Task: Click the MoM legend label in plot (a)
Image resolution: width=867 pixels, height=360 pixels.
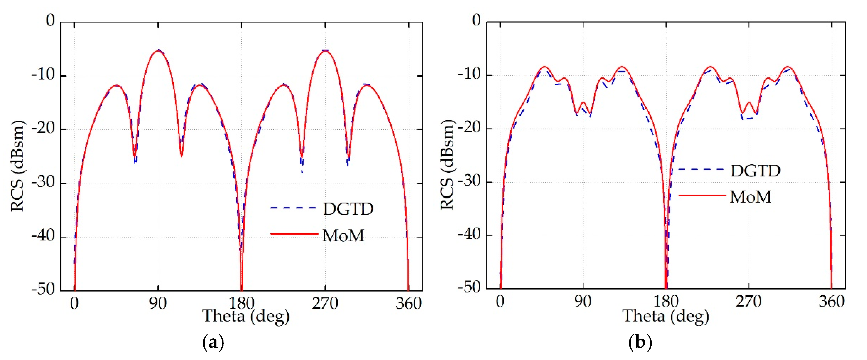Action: (343, 235)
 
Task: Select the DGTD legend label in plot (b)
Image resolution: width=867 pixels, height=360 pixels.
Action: (756, 171)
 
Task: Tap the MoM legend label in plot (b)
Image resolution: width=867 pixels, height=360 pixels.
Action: (750, 197)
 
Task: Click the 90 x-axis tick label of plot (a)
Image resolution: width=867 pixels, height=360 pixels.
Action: (158, 303)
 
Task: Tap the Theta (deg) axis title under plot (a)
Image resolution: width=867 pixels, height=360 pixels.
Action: (246, 316)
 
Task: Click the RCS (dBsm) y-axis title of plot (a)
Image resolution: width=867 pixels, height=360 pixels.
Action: (17, 166)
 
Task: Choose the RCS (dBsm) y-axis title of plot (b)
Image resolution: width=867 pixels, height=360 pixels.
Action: (447, 165)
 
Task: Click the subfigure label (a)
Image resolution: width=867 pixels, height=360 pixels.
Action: (213, 343)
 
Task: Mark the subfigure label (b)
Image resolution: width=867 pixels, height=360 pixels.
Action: (640, 343)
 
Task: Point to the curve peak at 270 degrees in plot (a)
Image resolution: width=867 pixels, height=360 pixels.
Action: (325, 51)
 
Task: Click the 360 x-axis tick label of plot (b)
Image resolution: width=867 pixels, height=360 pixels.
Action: (831, 301)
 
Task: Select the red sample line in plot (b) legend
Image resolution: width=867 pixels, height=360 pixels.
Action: (702, 195)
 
